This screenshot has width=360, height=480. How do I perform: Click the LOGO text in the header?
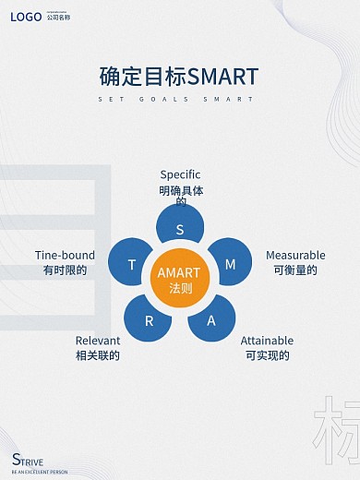[26, 17]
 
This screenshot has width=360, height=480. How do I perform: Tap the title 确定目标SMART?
[179, 76]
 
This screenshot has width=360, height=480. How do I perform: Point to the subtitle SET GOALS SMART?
[179, 99]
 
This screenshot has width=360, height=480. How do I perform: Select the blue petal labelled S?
[180, 227]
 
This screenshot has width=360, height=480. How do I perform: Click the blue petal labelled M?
[230, 264]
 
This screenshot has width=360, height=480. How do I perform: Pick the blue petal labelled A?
[210, 320]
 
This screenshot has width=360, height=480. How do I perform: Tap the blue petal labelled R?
[150, 320]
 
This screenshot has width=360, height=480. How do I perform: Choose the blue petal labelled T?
[132, 265]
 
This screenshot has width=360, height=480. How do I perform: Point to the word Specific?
[180, 174]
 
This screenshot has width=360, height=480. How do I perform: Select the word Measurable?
[295, 255]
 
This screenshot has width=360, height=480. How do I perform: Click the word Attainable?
[268, 340]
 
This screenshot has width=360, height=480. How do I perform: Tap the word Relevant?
[98, 340]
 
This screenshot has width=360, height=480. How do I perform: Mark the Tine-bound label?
[65, 255]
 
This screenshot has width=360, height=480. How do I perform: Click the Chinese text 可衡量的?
[295, 270]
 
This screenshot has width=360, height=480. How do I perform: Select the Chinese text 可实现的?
[268, 355]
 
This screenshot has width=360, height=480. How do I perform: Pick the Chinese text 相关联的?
[98, 355]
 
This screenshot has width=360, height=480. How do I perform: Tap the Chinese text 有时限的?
[65, 270]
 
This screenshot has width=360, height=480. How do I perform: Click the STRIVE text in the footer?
[29, 461]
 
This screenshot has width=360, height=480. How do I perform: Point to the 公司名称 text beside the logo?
[58, 18]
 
